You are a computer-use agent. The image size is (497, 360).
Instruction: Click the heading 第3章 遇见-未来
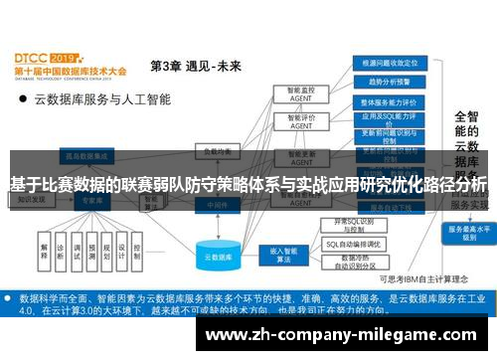[x=195, y=67]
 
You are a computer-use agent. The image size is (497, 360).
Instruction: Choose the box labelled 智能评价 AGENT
[x=300, y=121]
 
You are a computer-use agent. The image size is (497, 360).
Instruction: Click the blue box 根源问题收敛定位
[x=391, y=61]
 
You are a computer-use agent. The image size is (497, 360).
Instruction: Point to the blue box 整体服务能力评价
[x=391, y=102]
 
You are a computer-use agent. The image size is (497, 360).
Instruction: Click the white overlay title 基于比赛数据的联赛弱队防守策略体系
[x=248, y=184]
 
